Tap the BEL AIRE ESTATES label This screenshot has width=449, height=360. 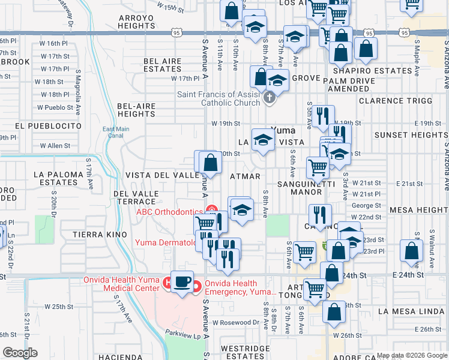163,65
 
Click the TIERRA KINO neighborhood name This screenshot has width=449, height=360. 100,234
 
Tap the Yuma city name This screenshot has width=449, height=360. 283,129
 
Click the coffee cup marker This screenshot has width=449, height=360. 182,281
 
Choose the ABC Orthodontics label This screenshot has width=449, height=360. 169,211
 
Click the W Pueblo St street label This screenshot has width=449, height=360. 55,108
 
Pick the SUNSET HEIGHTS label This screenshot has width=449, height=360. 411,135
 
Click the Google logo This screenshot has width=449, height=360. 20,353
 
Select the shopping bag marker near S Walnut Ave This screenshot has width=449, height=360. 412,253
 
